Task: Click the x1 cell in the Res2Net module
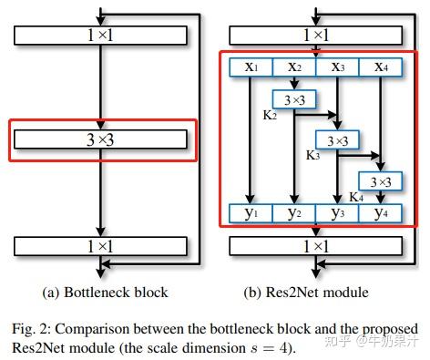click(251, 68)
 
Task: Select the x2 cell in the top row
click(293, 68)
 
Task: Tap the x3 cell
click(336, 68)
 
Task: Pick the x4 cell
click(379, 68)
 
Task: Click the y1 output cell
click(251, 214)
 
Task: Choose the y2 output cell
click(293, 214)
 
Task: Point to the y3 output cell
click(336, 214)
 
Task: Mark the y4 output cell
click(379, 214)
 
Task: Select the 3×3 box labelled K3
click(336, 141)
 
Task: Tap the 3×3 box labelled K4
click(379, 180)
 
